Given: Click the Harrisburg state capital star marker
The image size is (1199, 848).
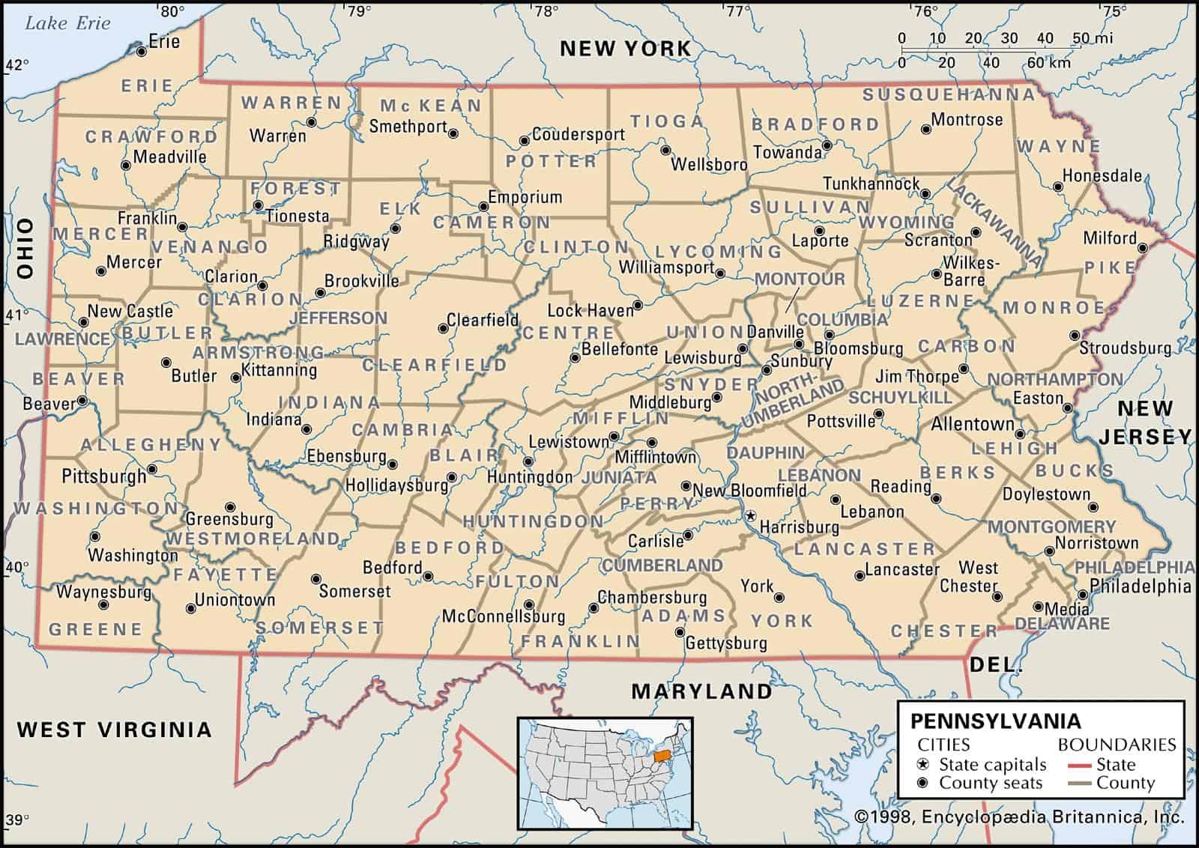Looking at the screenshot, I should (749, 515).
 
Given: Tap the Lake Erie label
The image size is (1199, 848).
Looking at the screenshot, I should (67, 22).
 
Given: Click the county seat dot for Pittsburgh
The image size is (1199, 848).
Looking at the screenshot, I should (152, 470).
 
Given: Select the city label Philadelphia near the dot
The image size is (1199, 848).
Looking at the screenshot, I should (1140, 586).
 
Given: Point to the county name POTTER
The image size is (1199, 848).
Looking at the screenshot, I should (551, 161).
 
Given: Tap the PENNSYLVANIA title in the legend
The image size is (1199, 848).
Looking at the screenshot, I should (996, 721).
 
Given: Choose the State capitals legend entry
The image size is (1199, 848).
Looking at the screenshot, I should (992, 765).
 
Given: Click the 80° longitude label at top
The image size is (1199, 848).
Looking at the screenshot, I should (172, 10).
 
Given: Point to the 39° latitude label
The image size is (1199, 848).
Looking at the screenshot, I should (16, 819).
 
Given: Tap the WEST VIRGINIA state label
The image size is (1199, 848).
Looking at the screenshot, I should (114, 729).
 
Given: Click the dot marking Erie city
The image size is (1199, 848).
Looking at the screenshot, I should (141, 51).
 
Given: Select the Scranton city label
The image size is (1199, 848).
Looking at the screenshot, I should (937, 240).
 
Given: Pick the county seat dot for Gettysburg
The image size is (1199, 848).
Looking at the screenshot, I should (680, 633).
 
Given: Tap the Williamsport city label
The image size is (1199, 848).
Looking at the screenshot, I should (666, 267).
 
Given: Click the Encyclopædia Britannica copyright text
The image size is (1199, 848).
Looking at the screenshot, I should (1018, 817).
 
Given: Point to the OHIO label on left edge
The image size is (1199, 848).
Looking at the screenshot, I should (25, 249).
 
